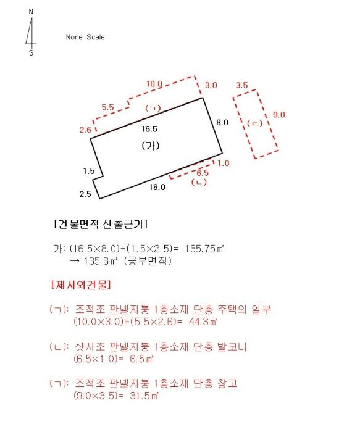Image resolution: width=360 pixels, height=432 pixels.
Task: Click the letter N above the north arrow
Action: (x=31, y=12)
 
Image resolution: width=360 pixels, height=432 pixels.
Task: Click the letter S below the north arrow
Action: (x=31, y=52)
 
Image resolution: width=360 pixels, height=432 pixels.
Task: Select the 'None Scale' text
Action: (x=85, y=37)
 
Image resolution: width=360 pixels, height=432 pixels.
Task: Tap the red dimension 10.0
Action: (x=154, y=84)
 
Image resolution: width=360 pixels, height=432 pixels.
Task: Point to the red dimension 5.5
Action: (x=107, y=107)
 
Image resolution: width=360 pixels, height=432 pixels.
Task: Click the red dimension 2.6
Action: (x=85, y=130)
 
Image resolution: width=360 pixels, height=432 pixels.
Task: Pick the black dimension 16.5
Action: (x=149, y=128)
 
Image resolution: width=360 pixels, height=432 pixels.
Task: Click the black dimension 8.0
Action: (x=222, y=122)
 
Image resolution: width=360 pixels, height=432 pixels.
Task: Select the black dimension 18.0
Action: (x=157, y=187)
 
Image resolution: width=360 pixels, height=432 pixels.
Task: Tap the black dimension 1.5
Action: (x=89, y=171)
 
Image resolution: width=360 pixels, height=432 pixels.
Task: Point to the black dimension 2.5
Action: (x=85, y=194)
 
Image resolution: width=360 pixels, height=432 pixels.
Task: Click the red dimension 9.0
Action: (x=279, y=114)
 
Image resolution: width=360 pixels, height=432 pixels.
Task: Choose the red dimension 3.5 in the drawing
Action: (x=241, y=85)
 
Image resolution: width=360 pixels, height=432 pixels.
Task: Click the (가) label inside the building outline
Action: (x=151, y=146)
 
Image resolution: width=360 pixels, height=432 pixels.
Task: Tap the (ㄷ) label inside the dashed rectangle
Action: (x=254, y=123)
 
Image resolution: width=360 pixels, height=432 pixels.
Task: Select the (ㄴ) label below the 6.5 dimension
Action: (x=199, y=182)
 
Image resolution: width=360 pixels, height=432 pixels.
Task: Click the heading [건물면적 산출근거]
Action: (x=101, y=224)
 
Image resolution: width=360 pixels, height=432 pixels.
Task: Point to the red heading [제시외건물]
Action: (x=81, y=285)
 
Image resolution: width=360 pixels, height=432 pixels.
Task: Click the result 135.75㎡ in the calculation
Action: (x=204, y=249)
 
